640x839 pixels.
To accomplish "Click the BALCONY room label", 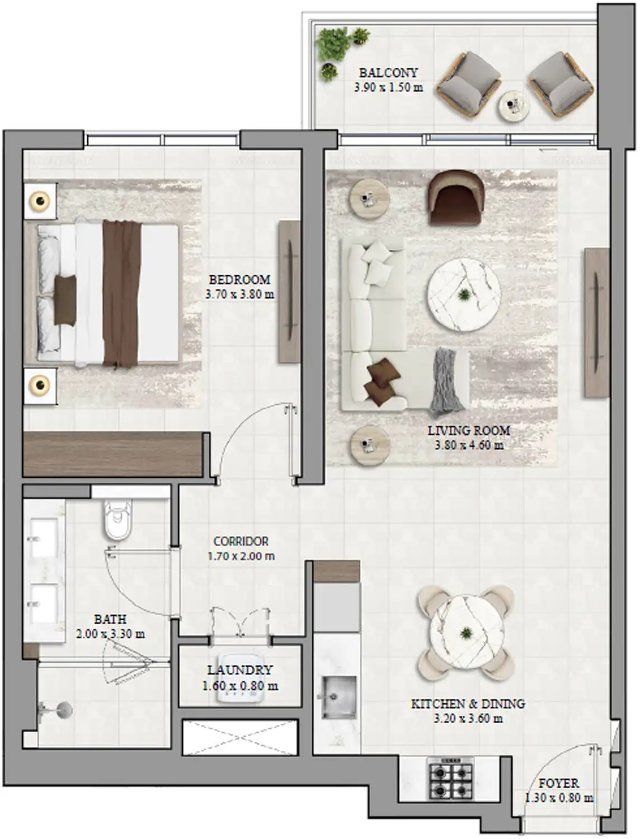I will click(x=388, y=73).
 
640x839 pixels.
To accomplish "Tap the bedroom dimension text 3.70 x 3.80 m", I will click(x=239, y=294).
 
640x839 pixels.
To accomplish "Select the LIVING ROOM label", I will click(x=469, y=431).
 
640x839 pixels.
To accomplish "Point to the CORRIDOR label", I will click(x=241, y=541).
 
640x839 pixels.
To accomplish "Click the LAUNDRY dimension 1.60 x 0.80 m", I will click(x=240, y=686).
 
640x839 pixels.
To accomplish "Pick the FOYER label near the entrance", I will click(x=558, y=783).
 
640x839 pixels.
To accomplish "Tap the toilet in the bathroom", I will click(x=117, y=520).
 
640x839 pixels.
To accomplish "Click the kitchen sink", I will click(x=338, y=697).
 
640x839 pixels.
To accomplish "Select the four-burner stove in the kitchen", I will click(x=450, y=778).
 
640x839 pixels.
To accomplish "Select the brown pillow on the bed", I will click(x=65, y=300).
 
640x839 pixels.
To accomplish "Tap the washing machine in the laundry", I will click(x=241, y=680).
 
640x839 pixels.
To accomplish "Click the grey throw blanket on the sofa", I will click(x=447, y=380).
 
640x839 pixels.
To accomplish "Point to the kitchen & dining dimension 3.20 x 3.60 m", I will click(x=468, y=719).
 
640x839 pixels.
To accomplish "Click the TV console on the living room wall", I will click(x=596, y=323).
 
